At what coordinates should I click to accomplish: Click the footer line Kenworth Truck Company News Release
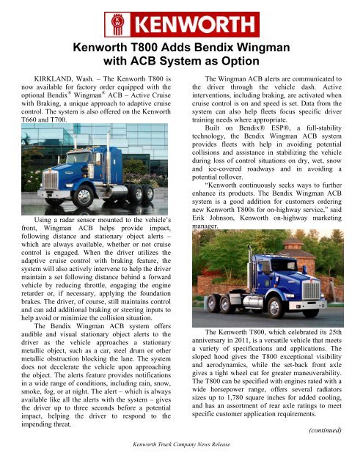click(x=180, y=445)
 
